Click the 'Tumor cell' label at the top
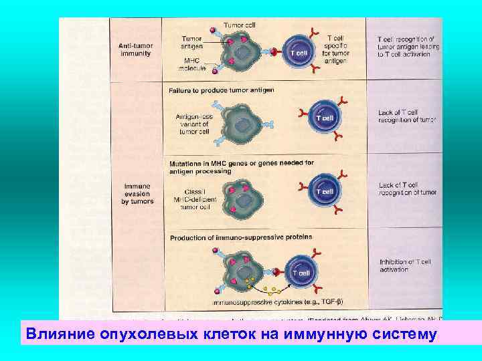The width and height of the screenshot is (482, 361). [x=240, y=25]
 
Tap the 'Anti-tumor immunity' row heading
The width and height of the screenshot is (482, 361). [x=135, y=49]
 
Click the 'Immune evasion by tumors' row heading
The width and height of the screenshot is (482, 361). [x=137, y=193]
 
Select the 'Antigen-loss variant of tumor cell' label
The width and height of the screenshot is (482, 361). [x=193, y=123]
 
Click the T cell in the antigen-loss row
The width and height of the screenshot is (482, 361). [x=324, y=118]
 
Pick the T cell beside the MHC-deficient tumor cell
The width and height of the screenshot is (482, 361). [x=324, y=192]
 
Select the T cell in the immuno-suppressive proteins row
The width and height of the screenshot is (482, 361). [x=301, y=273]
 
